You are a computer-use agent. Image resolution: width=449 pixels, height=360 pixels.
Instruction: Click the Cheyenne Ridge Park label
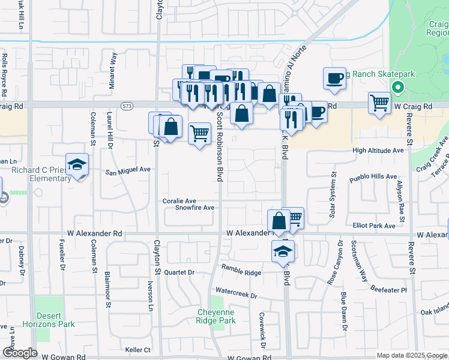[217, 316]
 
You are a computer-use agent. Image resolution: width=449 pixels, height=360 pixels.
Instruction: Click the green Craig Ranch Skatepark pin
[397, 88]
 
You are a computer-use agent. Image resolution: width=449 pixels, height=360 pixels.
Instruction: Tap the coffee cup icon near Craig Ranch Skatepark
[334, 77]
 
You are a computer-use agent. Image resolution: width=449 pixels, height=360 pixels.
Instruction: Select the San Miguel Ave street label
[128, 170]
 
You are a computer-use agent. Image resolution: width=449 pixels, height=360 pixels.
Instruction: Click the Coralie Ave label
[179, 201]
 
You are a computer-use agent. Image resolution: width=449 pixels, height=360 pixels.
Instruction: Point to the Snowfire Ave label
[194, 208]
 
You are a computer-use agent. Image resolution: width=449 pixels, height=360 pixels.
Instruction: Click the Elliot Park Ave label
[375, 226]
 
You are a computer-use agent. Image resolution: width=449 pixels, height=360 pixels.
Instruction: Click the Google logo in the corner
[20, 353]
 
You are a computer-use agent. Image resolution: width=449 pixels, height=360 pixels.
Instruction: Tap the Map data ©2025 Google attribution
[411, 355]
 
